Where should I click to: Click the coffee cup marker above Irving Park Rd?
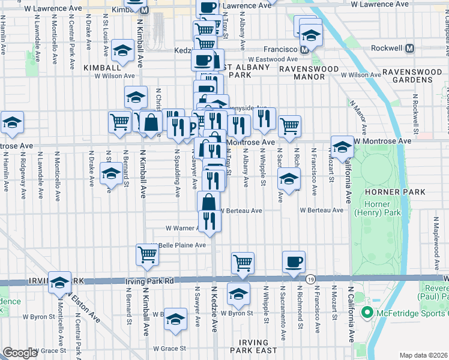pos(294,262)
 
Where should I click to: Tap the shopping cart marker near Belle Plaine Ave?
pos(148,254)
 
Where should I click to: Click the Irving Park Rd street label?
pos(149,281)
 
